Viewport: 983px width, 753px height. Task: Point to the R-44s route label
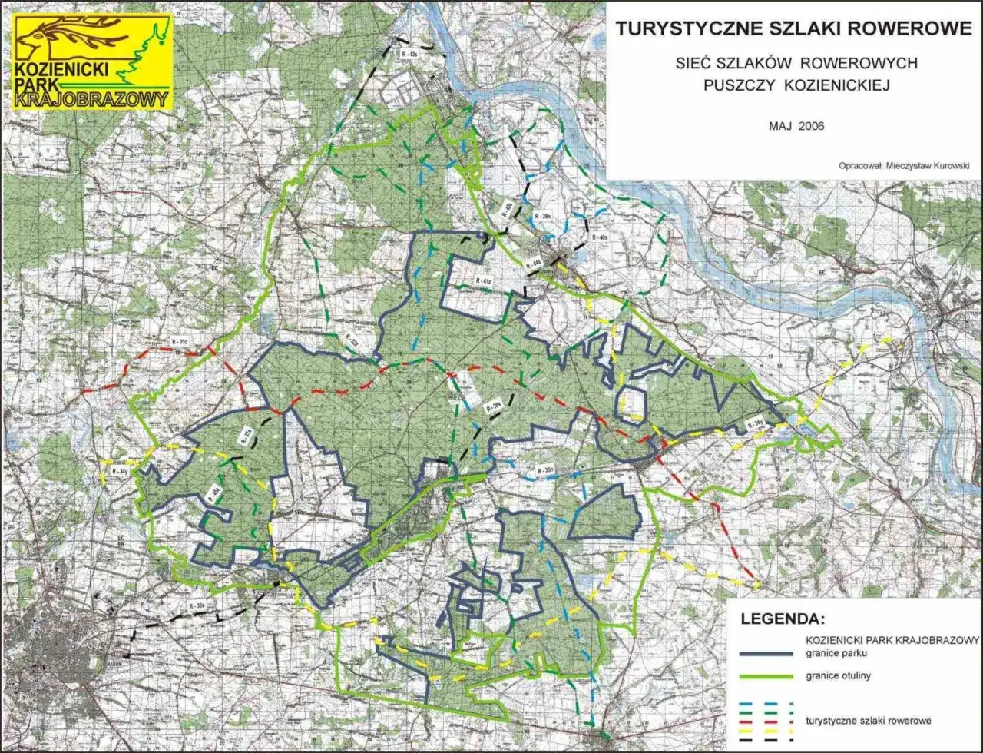click(x=533, y=264)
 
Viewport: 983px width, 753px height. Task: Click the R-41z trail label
click(x=482, y=282)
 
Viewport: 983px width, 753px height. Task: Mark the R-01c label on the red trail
click(x=180, y=341)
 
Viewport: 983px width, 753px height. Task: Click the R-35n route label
click(x=545, y=469)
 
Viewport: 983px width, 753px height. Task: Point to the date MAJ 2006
click(x=796, y=126)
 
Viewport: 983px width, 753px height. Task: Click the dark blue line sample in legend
click(x=766, y=653)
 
